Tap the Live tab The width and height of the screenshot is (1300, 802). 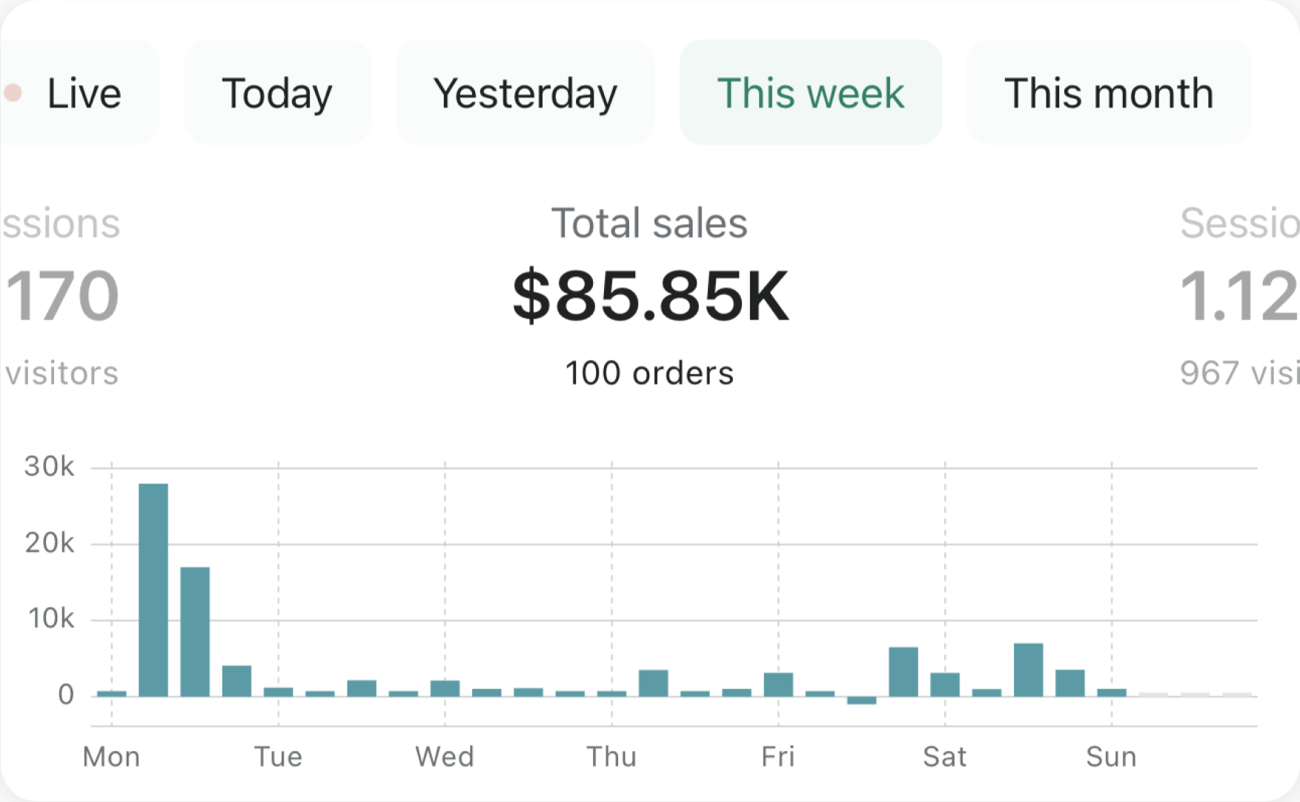coord(83,93)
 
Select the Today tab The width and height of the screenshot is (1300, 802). coord(277,93)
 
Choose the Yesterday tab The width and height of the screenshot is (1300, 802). coord(525,93)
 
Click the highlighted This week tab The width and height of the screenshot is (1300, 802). coord(810,93)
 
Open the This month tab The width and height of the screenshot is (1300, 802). coord(1108,93)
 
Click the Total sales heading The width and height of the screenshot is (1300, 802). coord(649,223)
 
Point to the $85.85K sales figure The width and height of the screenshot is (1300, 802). coord(650,296)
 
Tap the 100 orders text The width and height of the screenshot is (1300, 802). coord(649,373)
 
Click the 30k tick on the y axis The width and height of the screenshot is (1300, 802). coord(49,467)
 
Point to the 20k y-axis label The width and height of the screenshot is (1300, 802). coord(49,544)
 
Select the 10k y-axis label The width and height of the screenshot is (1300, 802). coord(50,618)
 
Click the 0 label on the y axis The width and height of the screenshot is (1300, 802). coord(66,695)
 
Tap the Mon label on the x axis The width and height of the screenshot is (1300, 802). coord(111,757)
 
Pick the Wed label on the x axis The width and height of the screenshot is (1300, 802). coord(445,757)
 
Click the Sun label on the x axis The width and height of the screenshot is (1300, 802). coord(1111,757)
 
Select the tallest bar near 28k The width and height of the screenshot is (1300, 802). coord(153,589)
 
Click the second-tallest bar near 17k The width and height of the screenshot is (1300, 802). coord(195,631)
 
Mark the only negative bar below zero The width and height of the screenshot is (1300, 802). coord(861,700)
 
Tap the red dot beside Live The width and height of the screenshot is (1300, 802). coord(13,93)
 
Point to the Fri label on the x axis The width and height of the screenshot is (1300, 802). coord(777,757)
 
